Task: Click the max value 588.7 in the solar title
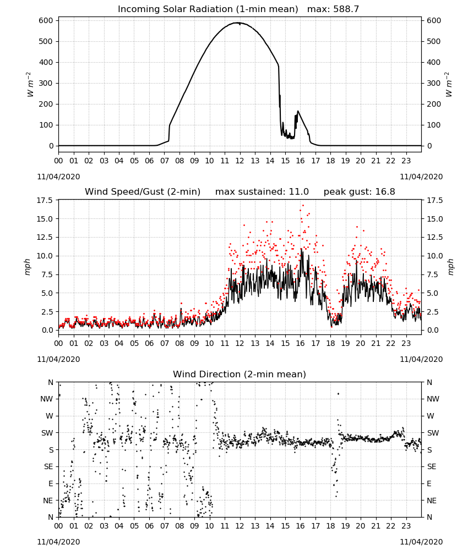[x=346, y=9]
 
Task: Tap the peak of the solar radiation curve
[x=239, y=23]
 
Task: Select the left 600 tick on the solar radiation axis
[x=46, y=21]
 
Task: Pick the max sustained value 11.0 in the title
[x=299, y=192]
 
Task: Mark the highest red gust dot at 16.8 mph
[x=303, y=206]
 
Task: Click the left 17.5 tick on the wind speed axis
[x=45, y=201]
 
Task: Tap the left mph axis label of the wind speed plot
[x=28, y=267]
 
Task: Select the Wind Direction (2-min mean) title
[x=240, y=374]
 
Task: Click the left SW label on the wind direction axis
[x=47, y=433]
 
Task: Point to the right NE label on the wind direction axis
[x=432, y=501]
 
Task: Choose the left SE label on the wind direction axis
[x=48, y=467]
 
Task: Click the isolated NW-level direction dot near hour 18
[x=338, y=394]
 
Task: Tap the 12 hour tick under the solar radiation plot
[x=240, y=161]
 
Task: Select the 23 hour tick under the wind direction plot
[x=406, y=526]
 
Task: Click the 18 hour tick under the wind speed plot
[x=330, y=343]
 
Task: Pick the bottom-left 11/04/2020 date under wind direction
[x=58, y=542]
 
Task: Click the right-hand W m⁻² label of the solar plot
[x=449, y=84]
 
